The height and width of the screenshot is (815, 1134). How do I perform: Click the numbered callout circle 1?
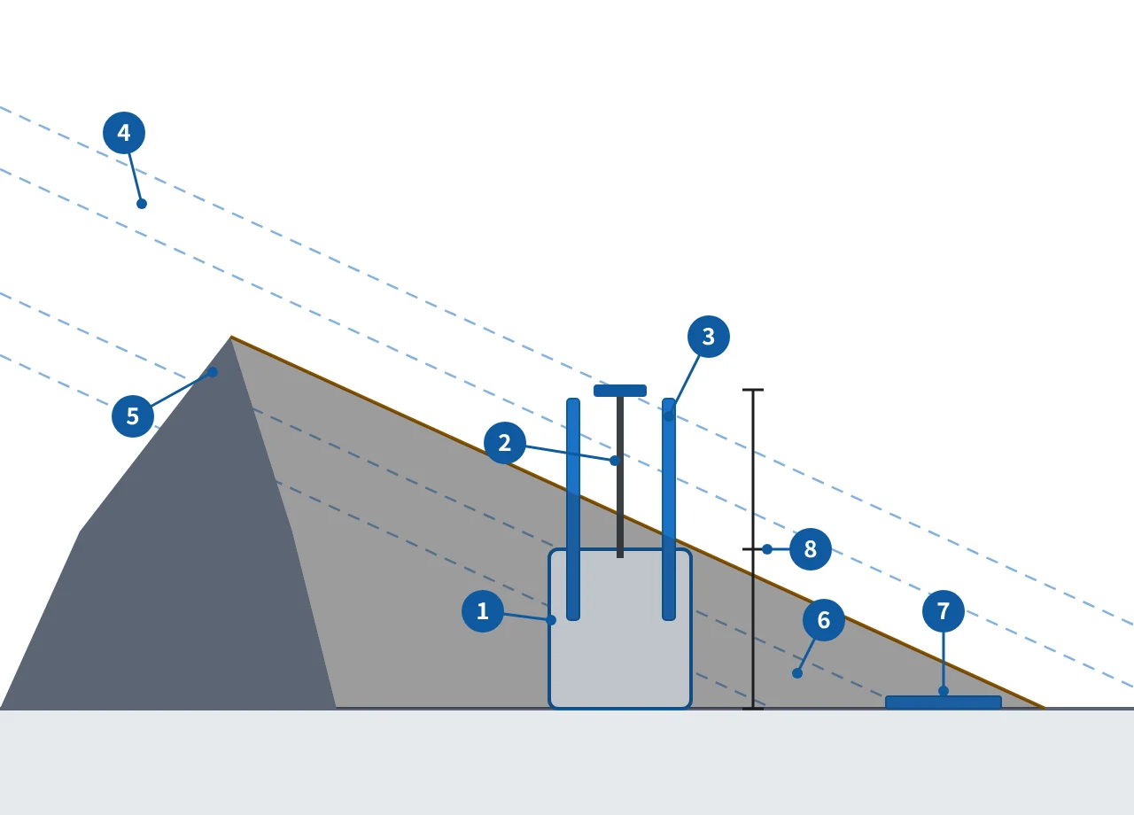(483, 611)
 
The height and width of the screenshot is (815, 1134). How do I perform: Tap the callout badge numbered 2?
(505, 443)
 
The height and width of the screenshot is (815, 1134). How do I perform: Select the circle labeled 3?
(709, 337)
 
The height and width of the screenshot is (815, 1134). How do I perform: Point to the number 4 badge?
(124, 133)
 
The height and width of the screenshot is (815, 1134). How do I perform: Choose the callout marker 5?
(133, 416)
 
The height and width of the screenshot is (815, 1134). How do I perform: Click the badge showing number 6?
(824, 620)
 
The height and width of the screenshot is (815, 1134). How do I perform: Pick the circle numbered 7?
(944, 611)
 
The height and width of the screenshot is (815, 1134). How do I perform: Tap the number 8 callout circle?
(811, 549)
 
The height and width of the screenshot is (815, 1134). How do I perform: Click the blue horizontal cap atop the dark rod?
(620, 391)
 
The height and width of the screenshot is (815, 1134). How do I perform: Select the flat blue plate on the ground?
(944, 702)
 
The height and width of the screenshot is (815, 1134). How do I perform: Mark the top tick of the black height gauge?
(753, 390)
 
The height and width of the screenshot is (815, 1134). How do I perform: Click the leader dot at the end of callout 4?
(142, 204)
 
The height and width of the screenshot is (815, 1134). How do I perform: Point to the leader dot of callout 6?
(797, 673)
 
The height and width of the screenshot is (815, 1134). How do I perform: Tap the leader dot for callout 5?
(213, 372)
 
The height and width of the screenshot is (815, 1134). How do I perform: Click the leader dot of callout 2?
(615, 461)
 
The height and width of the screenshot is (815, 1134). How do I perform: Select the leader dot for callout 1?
(551, 620)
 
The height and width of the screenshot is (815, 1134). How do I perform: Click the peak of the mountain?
(231, 336)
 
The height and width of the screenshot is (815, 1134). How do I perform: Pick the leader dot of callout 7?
(944, 691)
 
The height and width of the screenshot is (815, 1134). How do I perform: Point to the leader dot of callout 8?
(767, 549)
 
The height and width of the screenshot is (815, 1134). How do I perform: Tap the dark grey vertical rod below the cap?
(620, 477)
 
